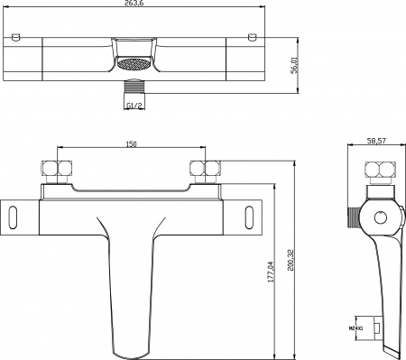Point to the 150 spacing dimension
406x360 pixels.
pos(131,142)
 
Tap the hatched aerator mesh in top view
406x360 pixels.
pos(132,66)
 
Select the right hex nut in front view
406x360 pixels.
pos(203,171)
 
